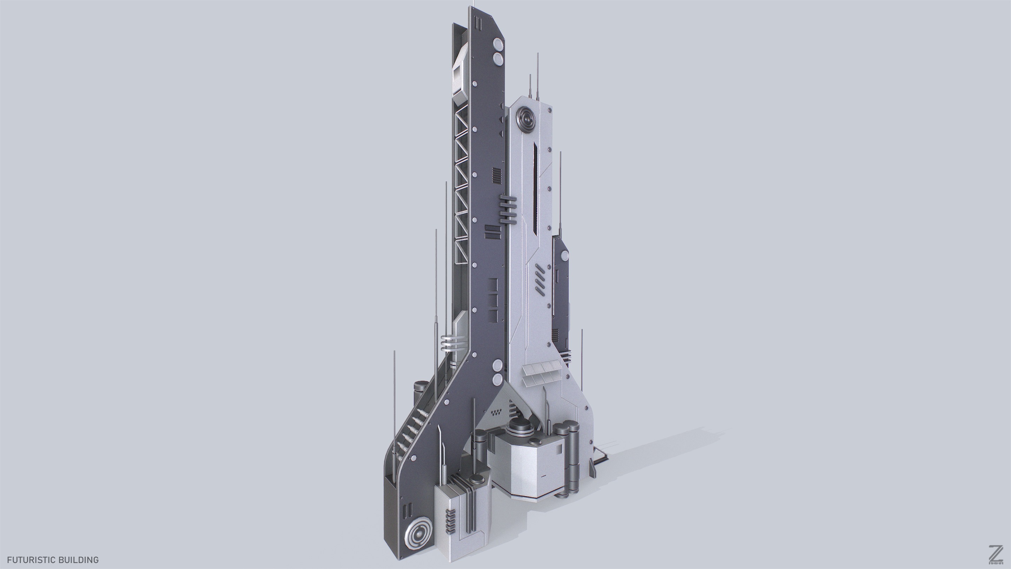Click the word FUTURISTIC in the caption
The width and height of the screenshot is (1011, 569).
(31, 560)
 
